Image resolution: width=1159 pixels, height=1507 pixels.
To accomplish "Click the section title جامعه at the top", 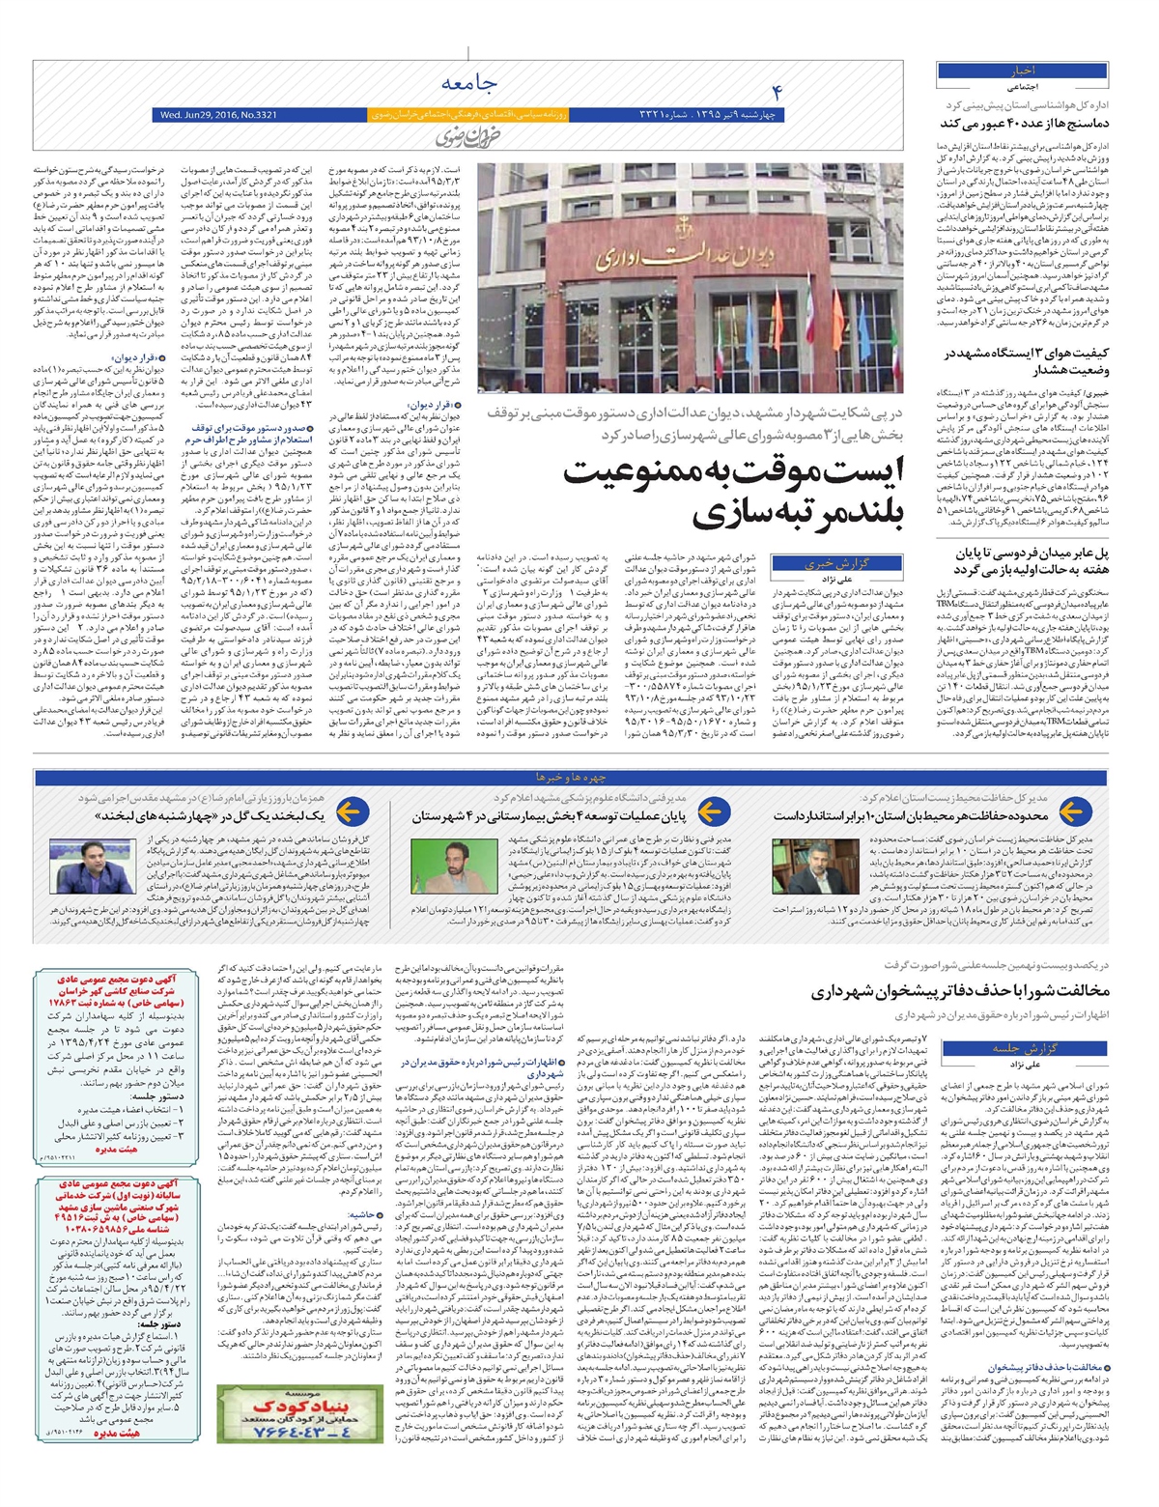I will coord(469,85).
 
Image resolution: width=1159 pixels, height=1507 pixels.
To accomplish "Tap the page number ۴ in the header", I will coord(776,92).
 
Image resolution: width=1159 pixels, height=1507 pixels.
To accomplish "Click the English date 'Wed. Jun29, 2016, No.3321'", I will coord(213,115).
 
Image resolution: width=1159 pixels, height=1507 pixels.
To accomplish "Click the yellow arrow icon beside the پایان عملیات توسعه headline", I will coord(710,815).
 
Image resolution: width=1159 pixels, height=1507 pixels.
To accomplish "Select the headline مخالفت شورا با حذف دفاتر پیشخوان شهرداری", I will coord(960,991).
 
